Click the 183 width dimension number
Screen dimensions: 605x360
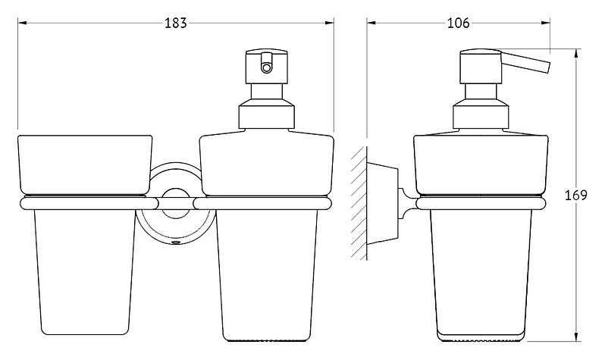tap(176, 23)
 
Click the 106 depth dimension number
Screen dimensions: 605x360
tap(459, 23)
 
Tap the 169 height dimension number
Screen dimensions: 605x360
tap(575, 196)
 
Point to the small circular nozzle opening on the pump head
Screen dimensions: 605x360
tap(266, 68)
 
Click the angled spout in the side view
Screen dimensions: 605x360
tap(525, 61)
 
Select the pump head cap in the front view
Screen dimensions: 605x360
tap(267, 66)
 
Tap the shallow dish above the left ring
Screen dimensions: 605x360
tap(85, 164)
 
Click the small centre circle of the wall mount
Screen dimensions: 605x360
tap(176, 203)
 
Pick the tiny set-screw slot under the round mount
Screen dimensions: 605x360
tap(176, 243)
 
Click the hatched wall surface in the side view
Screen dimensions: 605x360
tap(359, 203)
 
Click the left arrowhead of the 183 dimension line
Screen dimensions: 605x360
tap(22, 23)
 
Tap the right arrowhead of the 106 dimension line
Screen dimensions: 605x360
tap(546, 23)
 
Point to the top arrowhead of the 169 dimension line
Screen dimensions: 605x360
tap(576, 53)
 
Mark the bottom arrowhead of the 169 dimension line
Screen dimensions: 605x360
tap(576, 337)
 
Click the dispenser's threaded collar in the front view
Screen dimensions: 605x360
tap(267, 114)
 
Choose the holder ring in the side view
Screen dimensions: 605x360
tap(481, 204)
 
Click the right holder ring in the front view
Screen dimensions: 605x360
tap(262, 204)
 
